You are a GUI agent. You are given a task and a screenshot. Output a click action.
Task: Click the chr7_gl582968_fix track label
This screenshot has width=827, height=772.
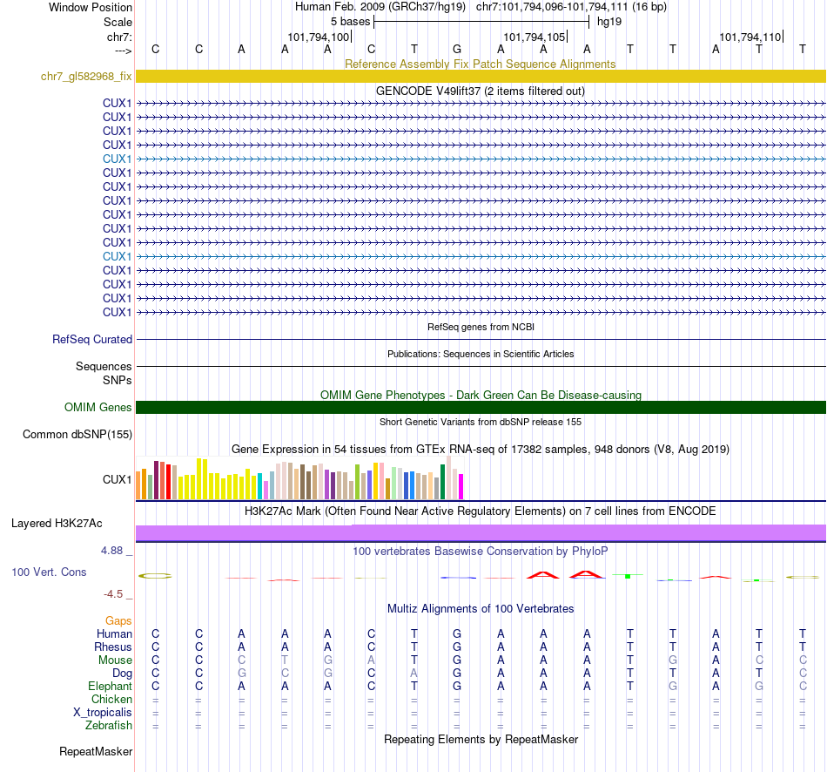pos(86,77)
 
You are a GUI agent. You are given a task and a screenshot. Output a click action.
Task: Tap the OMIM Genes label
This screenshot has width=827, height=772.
pos(98,407)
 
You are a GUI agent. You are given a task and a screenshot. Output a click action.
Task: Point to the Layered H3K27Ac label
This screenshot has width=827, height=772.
pos(57,524)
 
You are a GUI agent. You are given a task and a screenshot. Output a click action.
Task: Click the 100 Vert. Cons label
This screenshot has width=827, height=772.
pos(49,572)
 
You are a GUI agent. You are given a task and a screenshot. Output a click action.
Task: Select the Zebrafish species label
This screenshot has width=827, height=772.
pos(109,725)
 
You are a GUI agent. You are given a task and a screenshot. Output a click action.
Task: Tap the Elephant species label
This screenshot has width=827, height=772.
pos(110,686)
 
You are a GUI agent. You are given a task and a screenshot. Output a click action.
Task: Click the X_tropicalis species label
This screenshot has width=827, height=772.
pos(103,712)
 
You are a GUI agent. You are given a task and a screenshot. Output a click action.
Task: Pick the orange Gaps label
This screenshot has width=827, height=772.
pos(118,620)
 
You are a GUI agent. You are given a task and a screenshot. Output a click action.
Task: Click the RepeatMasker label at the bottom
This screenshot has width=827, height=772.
pos(96,751)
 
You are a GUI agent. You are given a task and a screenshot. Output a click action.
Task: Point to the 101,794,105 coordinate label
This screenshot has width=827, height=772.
pos(534,37)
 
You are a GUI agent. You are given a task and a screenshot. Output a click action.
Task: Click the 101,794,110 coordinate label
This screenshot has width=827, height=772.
pos(750,37)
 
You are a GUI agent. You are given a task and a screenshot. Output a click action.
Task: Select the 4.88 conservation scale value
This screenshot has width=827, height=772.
pos(114,551)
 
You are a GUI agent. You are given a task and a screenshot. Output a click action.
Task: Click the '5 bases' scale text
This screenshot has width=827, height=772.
pos(350,21)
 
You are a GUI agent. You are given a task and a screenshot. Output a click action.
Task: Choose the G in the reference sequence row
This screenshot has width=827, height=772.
pos(457,49)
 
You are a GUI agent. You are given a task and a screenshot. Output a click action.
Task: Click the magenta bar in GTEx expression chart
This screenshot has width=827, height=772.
pos(461,486)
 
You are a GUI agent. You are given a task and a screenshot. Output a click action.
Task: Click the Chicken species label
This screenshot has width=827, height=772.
pos(111,699)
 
